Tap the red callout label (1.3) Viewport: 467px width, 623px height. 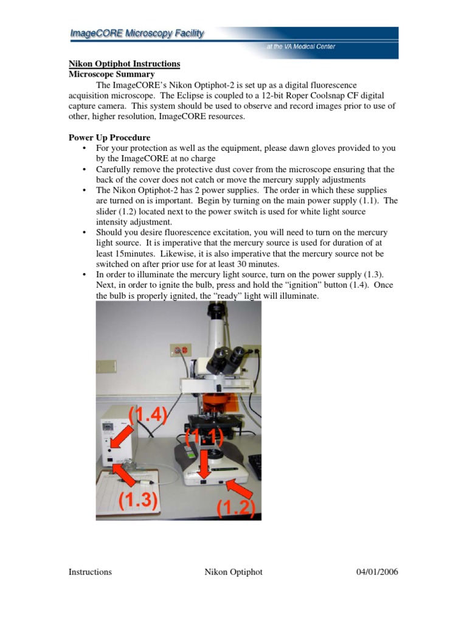tap(138, 500)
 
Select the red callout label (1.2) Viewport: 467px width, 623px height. tap(235, 506)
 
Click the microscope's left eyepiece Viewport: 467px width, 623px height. tap(215, 363)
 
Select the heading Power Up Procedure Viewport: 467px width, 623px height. tap(109, 137)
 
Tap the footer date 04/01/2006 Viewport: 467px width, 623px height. tap(376, 572)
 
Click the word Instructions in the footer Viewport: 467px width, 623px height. tap(89, 572)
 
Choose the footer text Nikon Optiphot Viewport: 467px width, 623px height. tap(233, 572)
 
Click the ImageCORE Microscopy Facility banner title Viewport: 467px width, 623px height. tap(136, 34)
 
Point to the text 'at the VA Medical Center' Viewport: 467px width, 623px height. tap(300, 47)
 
